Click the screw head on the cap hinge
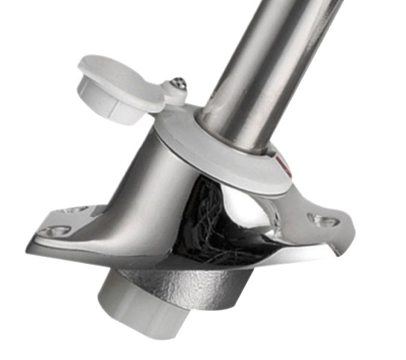178,83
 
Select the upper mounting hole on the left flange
77,209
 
